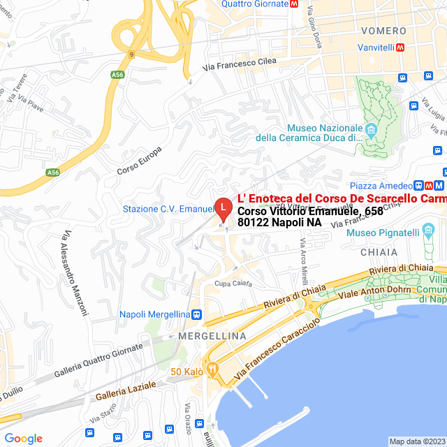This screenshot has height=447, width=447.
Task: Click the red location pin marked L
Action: click(222, 208)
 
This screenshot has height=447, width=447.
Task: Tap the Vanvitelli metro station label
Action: click(373, 48)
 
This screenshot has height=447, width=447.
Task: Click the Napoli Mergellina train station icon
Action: click(198, 314)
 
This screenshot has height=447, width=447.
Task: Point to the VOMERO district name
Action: click(383, 31)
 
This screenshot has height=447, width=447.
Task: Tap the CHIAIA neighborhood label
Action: click(379, 252)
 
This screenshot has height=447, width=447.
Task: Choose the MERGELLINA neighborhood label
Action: click(213, 336)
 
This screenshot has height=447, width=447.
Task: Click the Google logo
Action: click(23, 439)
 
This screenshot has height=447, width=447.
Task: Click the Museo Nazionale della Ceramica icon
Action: click(371, 130)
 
